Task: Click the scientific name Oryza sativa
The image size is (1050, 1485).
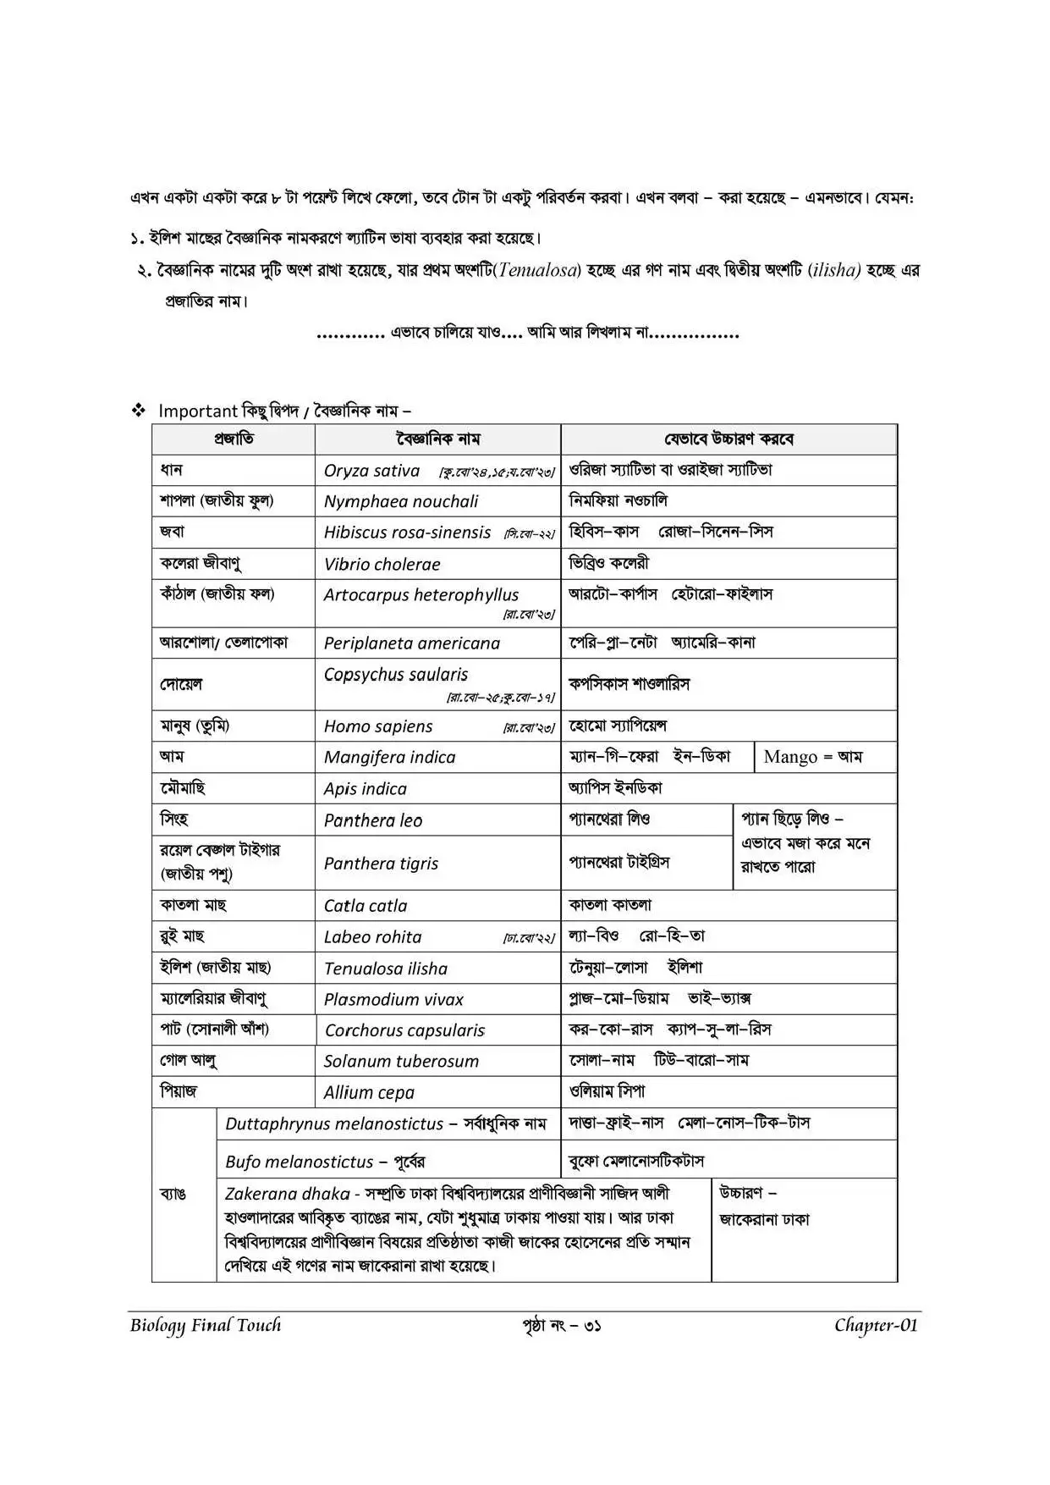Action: pyautogui.click(x=371, y=471)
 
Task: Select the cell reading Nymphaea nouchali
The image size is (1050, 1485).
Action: pyautogui.click(x=400, y=502)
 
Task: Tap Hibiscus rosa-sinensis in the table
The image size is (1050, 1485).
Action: pyautogui.click(x=407, y=533)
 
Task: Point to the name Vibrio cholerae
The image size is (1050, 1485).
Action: pyautogui.click(x=382, y=564)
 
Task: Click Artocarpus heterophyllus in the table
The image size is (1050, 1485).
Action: pyautogui.click(x=421, y=595)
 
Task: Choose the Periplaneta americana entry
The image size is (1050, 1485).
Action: pyautogui.click(x=411, y=643)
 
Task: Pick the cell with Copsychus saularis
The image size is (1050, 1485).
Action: pyautogui.click(x=395, y=675)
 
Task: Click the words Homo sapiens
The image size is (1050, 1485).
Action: pyautogui.click(x=377, y=726)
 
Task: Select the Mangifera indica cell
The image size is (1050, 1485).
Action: pyautogui.click(x=389, y=758)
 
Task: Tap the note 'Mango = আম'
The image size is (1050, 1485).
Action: pyautogui.click(x=812, y=757)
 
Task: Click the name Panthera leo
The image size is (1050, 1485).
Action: pyautogui.click(x=372, y=820)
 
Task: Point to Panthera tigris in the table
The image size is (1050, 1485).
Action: pyautogui.click(x=381, y=864)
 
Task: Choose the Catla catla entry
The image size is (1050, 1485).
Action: pyautogui.click(x=365, y=906)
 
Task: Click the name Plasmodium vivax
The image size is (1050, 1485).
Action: pyautogui.click(x=393, y=1000)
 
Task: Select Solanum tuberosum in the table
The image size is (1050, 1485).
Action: pyautogui.click(x=401, y=1062)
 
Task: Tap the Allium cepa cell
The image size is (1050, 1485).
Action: pyautogui.click(x=369, y=1093)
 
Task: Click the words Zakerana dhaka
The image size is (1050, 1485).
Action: pyautogui.click(x=287, y=1194)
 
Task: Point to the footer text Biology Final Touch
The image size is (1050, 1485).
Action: pyautogui.click(x=205, y=1326)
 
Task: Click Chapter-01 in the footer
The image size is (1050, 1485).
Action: pyautogui.click(x=875, y=1326)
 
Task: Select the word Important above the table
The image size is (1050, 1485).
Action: pyautogui.click(x=198, y=411)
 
